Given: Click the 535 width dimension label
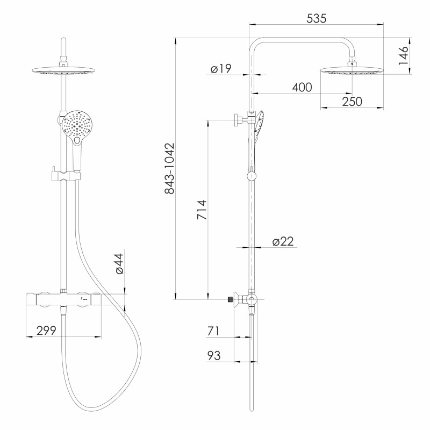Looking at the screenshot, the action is pyautogui.click(x=316, y=18).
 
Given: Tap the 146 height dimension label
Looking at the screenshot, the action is pyautogui.click(x=403, y=56).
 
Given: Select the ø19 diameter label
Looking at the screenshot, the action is pyautogui.click(x=221, y=69).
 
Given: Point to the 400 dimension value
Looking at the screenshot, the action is pyautogui.click(x=302, y=87).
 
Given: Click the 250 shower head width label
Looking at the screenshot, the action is pyautogui.click(x=352, y=102).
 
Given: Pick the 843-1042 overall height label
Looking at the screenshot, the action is pyautogui.click(x=169, y=168).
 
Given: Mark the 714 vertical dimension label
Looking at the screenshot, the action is pyautogui.click(x=202, y=210).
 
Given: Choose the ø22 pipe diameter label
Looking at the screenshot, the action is pyautogui.click(x=283, y=241).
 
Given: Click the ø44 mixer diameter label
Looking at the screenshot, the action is pyautogui.click(x=119, y=263).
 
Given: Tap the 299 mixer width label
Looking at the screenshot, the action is pyautogui.click(x=46, y=331).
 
